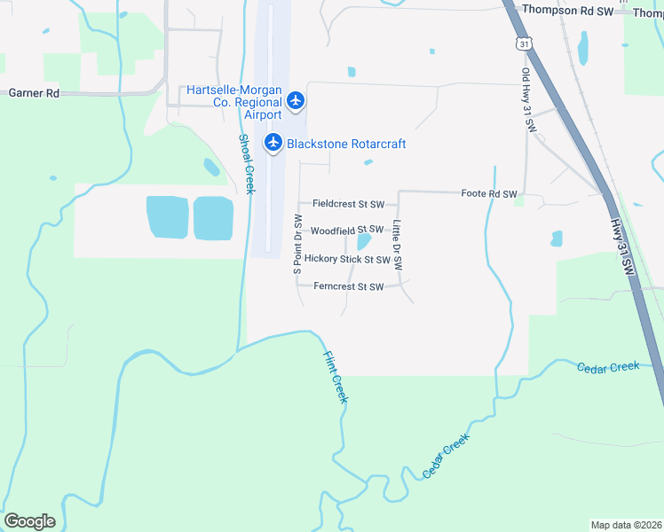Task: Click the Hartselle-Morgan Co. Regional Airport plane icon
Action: coord(296,101)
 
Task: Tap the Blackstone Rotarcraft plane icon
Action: coord(273,142)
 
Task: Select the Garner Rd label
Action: coord(34,92)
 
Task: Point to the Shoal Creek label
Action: coord(246,165)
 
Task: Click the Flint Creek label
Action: coord(334,377)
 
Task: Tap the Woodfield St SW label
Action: coord(346,230)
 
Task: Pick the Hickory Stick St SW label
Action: coord(347,260)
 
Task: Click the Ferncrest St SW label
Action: coord(349,286)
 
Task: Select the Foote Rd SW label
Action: coord(488,193)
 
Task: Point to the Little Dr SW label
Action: coord(398,245)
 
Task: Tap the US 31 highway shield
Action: coord(525,43)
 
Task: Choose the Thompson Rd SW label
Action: coord(568,10)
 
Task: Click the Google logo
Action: coord(29,520)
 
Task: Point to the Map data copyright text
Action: coord(626,524)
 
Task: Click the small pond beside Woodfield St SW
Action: coord(363,241)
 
